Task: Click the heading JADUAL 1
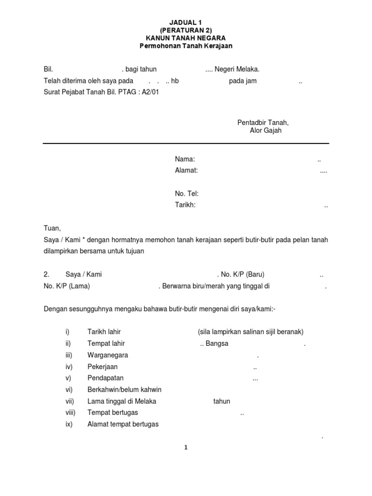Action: point(186,22)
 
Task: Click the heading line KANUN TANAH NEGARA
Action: point(186,38)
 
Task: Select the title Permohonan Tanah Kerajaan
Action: point(186,46)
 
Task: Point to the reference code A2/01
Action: point(150,92)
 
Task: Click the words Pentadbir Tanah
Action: point(263,122)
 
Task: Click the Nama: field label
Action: point(185,159)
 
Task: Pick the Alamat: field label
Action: point(186,170)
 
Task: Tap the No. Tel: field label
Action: point(187,194)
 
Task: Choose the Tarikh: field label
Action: point(185,205)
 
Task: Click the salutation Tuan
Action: point(52,229)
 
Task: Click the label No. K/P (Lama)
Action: point(67,286)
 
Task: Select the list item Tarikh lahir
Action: point(104,332)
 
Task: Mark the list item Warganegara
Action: point(108,355)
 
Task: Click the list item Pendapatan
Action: point(106,378)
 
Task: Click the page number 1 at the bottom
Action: point(186,448)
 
